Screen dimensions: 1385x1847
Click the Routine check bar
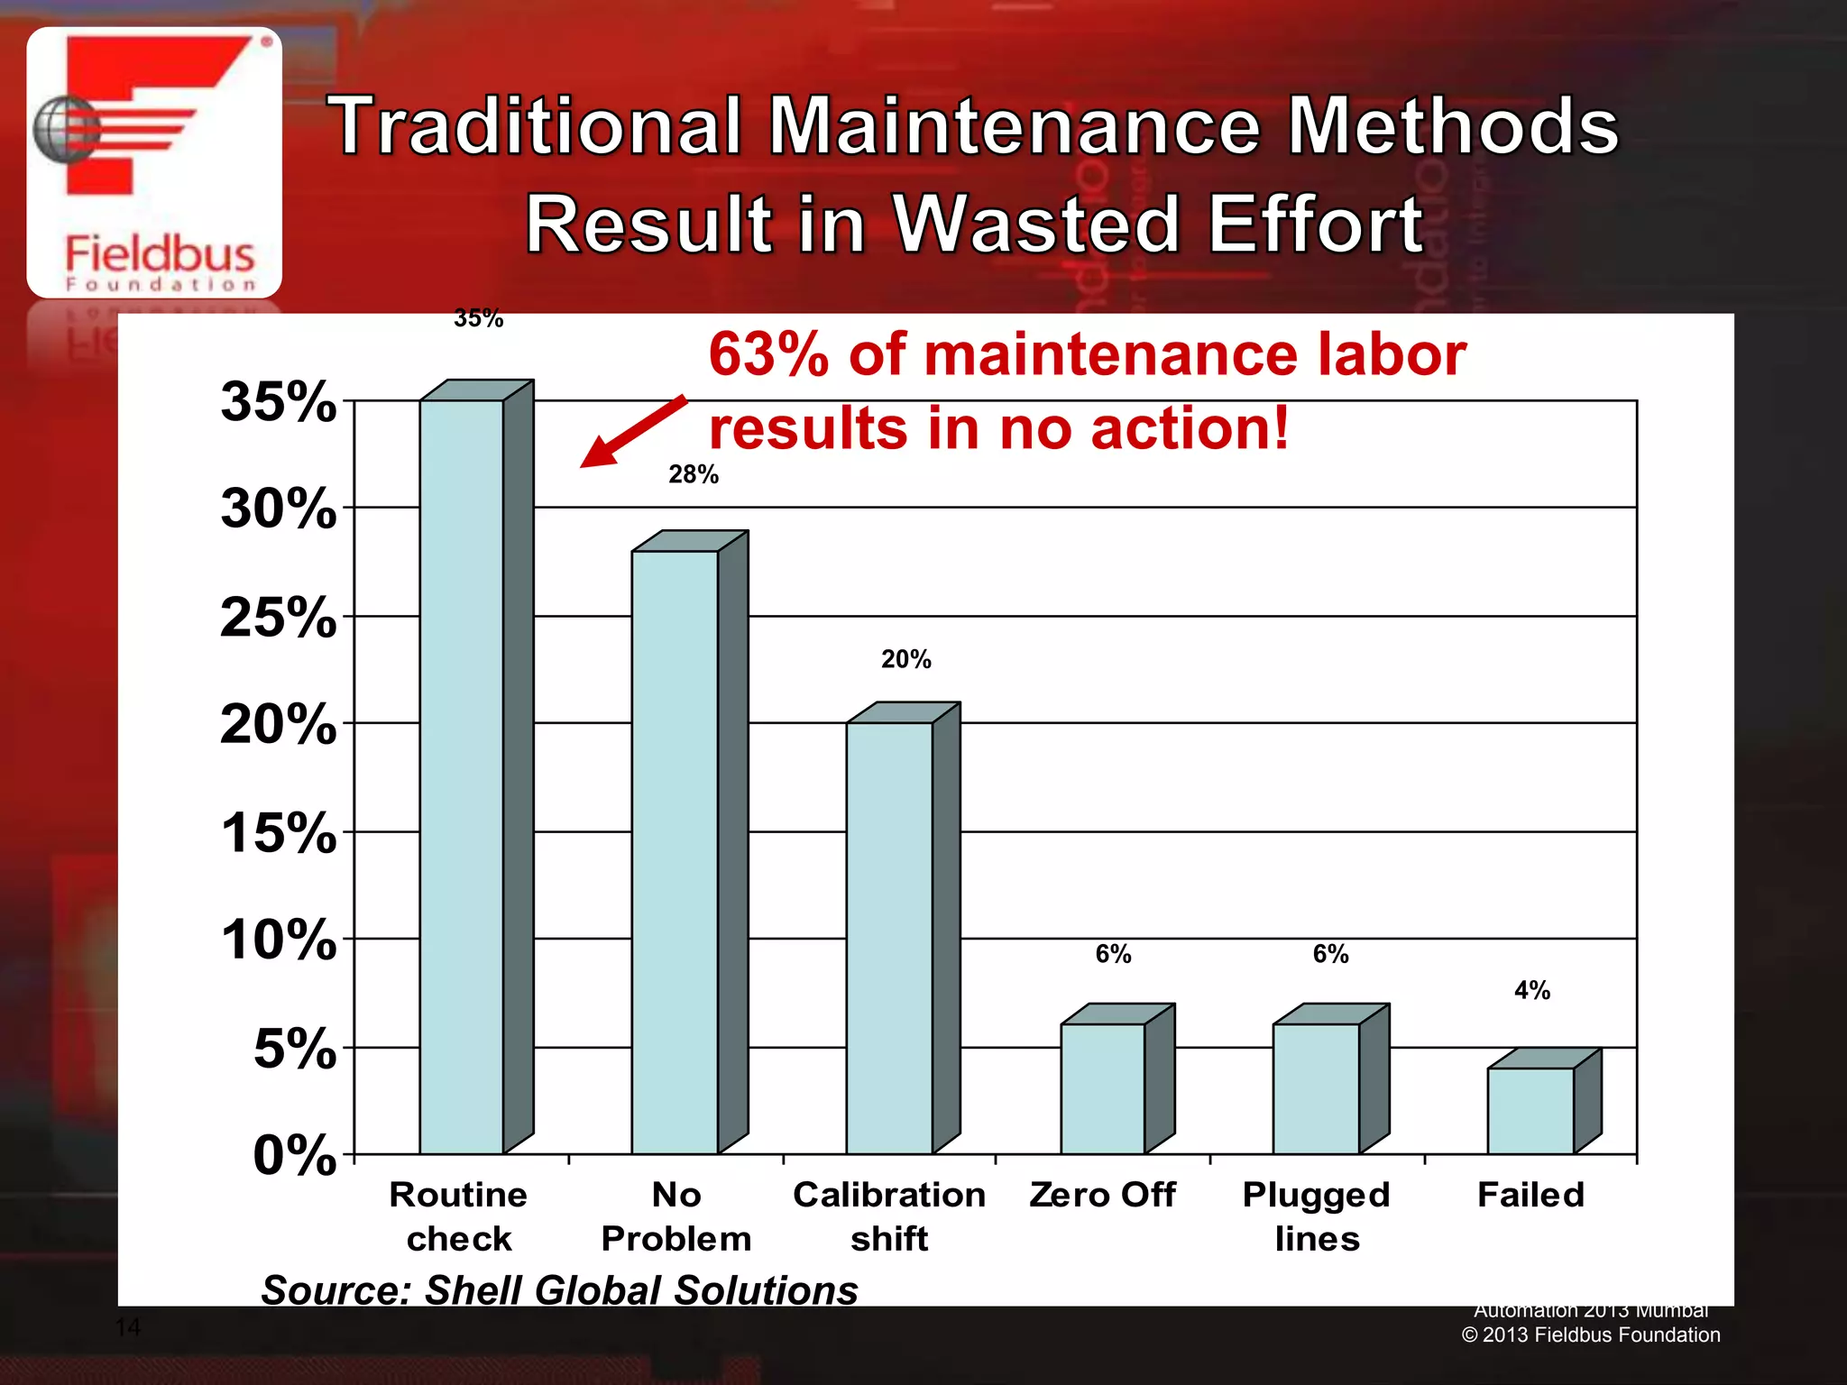tap(462, 775)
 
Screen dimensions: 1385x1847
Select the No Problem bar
tap(675, 852)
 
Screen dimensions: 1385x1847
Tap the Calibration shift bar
tap(889, 938)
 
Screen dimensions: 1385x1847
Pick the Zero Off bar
tap(1103, 1088)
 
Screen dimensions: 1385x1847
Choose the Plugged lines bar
tap(1317, 1088)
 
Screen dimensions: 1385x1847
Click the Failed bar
tap(1530, 1110)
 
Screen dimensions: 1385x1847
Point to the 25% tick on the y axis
tap(278, 618)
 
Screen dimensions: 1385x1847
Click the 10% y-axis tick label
tap(278, 940)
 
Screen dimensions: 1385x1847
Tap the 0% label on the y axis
tap(294, 1155)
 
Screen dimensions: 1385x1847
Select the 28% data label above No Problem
tap(693, 474)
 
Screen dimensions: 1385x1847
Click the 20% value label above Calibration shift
tap(905, 659)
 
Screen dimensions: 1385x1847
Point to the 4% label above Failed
tap(1531, 990)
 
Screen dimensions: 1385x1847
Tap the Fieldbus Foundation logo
tap(154, 162)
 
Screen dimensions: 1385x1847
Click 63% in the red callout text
tap(768, 354)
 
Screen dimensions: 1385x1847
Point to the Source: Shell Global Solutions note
tap(559, 1289)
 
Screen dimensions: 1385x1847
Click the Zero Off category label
tap(1102, 1195)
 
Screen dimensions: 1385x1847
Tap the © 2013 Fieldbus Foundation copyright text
tap(1591, 1335)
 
